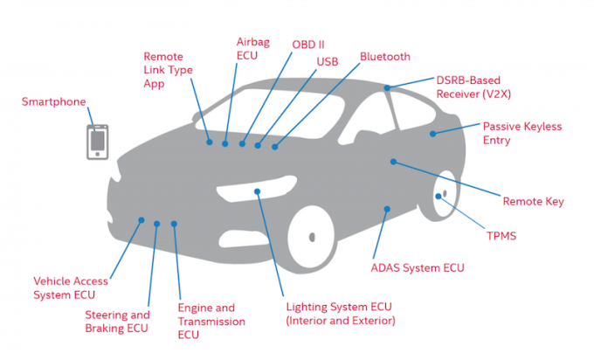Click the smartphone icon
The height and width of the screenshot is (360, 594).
pos(97,142)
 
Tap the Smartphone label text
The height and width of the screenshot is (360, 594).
pos(54,102)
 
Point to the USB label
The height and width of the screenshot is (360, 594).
pos(328,61)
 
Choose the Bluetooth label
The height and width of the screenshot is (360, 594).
pos(384,57)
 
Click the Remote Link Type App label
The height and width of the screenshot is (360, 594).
pos(168,69)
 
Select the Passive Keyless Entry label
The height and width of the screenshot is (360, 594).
pos(521,133)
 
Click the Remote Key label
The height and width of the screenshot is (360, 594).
pos(533,202)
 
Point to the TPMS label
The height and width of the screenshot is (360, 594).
pos(502,236)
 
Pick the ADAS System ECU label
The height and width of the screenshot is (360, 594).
pos(418,267)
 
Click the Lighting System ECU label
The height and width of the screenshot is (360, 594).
pos(341,314)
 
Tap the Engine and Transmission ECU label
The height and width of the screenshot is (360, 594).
pos(206,321)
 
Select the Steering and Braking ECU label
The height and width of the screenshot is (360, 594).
pos(117,321)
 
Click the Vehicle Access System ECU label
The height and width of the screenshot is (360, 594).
pos(71,287)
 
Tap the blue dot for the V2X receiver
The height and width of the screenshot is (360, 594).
pos(386,87)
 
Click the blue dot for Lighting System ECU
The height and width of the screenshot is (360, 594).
pos(257,190)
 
